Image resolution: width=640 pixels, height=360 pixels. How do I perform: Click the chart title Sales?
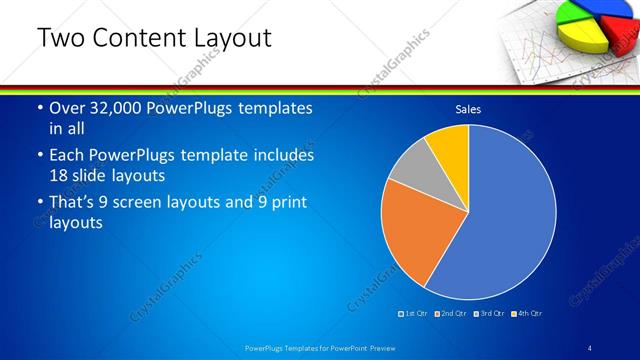pyautogui.click(x=468, y=109)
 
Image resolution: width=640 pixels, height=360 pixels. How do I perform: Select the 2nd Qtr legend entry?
pyautogui.click(x=451, y=314)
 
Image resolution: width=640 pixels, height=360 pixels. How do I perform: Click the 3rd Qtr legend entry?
pyautogui.click(x=489, y=314)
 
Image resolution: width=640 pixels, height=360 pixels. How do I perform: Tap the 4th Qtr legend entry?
pyautogui.click(x=527, y=314)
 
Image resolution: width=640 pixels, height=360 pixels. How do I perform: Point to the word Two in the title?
pyautogui.click(x=61, y=38)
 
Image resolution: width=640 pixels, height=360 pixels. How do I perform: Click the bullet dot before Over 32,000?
pyautogui.click(x=39, y=108)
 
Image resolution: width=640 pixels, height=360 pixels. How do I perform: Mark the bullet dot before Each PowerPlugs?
pyautogui.click(x=39, y=156)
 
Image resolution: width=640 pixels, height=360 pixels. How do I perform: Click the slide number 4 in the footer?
pyautogui.click(x=589, y=347)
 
